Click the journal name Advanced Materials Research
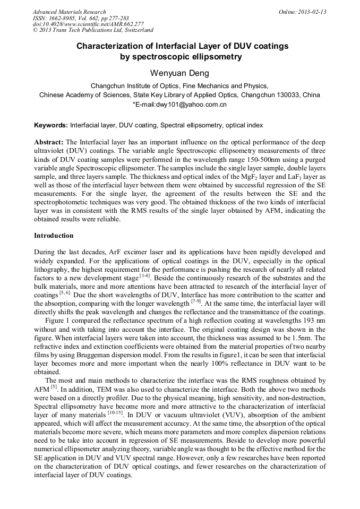(69, 12)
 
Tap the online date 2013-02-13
(312, 12)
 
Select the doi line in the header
(88, 24)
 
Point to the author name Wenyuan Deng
(179, 72)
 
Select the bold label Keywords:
(51, 126)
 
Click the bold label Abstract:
(49, 143)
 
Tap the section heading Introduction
(54, 235)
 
